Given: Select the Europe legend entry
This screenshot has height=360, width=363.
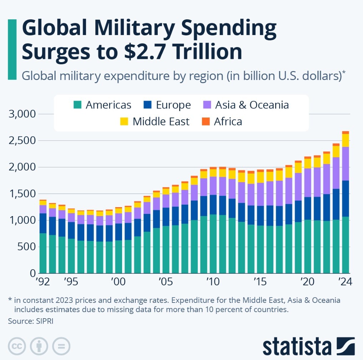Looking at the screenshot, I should pyautogui.click(x=168, y=105).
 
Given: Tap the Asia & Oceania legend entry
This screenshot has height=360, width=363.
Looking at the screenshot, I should pyautogui.click(x=247, y=105).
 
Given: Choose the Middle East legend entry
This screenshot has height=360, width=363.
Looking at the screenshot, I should pyautogui.click(x=156, y=121).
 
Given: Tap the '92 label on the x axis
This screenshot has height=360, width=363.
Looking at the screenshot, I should pyautogui.click(x=43, y=281).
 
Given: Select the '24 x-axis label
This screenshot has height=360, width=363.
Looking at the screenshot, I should pyautogui.click(x=345, y=281).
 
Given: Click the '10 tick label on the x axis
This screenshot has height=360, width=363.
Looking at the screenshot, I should pyautogui.click(x=213, y=281).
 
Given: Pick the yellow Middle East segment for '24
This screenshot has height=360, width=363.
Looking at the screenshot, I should pyautogui.click(x=345, y=140).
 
